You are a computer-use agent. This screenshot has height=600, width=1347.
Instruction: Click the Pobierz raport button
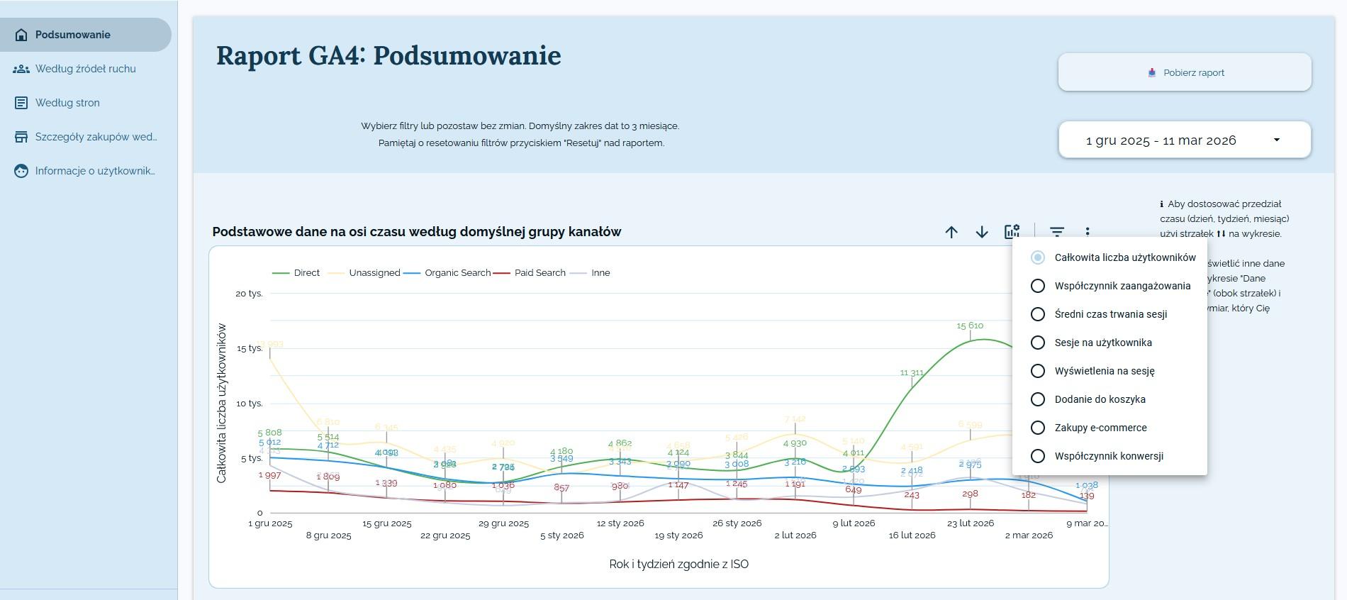tap(1185, 72)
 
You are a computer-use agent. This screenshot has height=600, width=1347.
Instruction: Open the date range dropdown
tap(1185, 140)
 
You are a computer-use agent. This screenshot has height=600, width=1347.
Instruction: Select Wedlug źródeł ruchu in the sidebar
tap(85, 69)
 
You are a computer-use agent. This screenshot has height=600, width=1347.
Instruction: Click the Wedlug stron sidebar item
tap(67, 103)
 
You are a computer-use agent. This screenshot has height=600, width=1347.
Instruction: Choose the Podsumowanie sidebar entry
tap(73, 35)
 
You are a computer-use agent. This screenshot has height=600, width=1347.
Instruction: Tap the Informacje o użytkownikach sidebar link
tap(94, 171)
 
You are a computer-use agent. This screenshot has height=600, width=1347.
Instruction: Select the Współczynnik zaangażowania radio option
tap(1038, 286)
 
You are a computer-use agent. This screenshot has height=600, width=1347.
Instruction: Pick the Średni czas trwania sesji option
tap(1038, 314)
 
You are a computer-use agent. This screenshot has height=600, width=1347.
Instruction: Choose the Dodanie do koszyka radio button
tap(1038, 399)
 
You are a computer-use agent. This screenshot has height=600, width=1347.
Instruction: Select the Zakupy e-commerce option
tap(1038, 428)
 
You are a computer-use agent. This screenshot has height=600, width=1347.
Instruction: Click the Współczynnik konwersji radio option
tap(1038, 456)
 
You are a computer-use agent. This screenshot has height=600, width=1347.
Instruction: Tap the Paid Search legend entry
tap(540, 273)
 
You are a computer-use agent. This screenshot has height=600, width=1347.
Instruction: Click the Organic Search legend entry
tap(457, 273)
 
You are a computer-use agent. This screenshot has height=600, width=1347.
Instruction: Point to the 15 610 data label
tap(970, 326)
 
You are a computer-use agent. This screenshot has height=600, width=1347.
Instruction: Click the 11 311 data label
tap(912, 372)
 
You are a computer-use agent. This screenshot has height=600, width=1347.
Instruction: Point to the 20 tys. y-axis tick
tap(249, 294)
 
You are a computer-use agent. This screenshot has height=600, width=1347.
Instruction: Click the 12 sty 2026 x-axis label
tap(620, 523)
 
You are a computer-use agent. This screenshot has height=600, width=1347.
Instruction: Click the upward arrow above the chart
tap(951, 232)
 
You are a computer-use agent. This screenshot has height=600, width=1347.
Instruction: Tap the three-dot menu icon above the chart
tap(1088, 232)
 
